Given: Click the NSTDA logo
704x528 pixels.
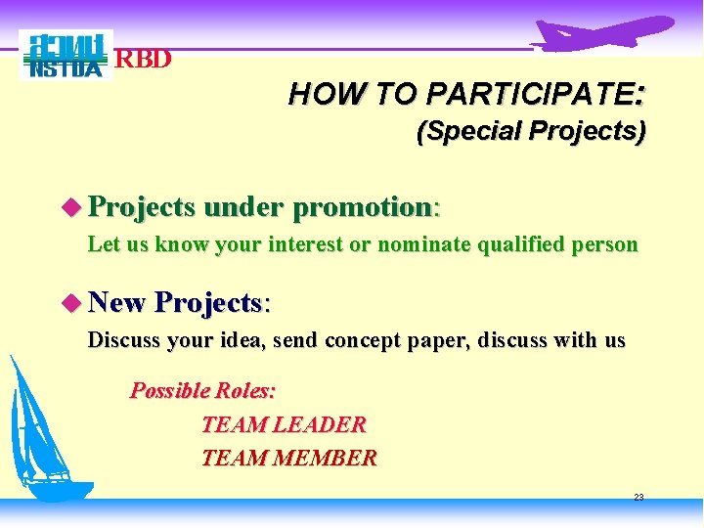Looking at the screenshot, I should (66, 56).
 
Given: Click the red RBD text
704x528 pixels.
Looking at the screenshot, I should (144, 60).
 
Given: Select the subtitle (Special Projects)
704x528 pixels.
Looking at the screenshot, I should (531, 132).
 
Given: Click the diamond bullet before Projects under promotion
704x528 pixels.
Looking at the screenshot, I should (68, 207).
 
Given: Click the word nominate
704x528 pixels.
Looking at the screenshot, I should (425, 244).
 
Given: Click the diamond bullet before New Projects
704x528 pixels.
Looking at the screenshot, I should (68, 303).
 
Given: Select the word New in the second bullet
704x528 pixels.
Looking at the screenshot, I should (116, 303).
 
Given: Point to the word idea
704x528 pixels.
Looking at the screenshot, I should (244, 340).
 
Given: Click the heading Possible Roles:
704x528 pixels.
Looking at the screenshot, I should (203, 391).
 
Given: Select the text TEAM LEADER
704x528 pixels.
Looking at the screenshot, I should (284, 425).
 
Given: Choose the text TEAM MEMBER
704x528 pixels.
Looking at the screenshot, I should (288, 458).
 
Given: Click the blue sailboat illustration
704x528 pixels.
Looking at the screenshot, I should (44, 440).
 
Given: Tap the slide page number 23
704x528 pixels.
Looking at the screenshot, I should (638, 498).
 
